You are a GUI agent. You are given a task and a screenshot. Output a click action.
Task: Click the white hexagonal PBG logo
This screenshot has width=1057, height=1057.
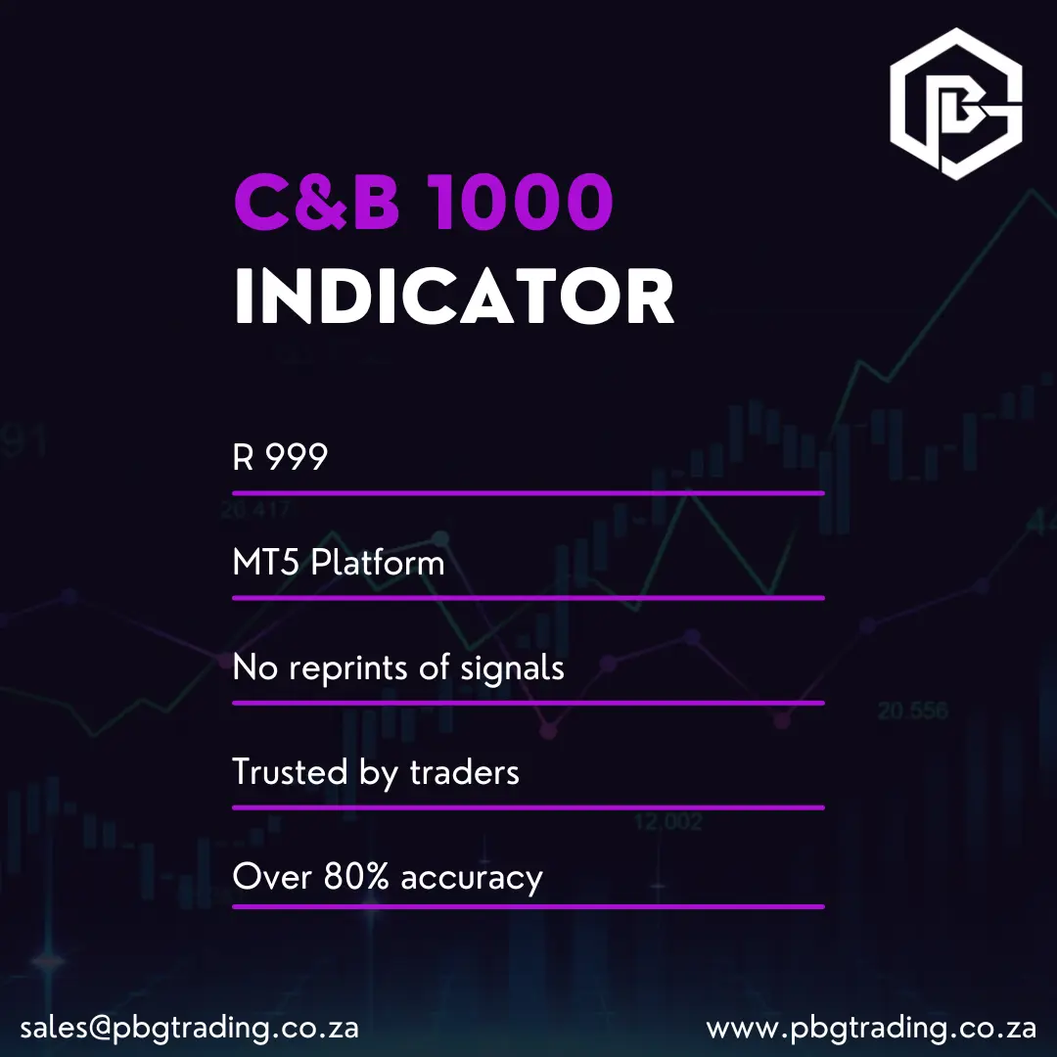[x=955, y=104]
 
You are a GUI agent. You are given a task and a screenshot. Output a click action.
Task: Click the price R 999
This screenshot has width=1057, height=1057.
[x=280, y=457]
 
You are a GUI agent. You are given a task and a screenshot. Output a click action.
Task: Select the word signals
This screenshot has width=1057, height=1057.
[x=512, y=668]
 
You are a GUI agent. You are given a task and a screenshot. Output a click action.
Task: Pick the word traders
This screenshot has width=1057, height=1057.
[x=464, y=773]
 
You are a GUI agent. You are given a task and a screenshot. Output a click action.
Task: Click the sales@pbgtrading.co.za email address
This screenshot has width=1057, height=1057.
[x=189, y=1029]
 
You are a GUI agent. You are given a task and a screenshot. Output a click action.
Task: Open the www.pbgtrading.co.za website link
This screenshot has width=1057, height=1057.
[x=871, y=1029]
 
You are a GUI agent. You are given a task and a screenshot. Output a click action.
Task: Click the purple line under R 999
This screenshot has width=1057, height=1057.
[x=528, y=493]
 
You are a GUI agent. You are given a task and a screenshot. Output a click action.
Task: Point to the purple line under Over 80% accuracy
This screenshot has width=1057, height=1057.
[x=528, y=906]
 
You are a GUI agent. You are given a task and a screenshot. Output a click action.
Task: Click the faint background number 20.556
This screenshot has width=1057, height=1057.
[x=912, y=711]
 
